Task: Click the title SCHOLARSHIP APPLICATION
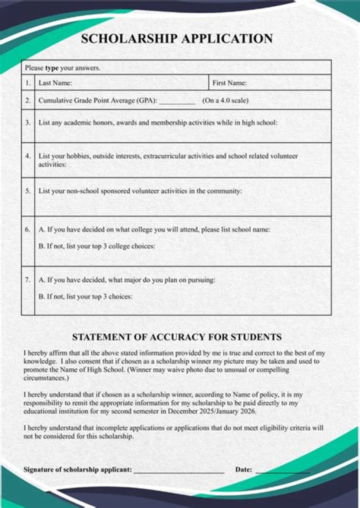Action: coord(177,39)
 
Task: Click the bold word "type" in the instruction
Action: coord(51,68)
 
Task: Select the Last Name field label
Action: coord(55,83)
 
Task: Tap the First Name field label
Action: coord(229,83)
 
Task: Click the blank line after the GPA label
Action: coord(177,101)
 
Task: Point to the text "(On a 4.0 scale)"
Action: coord(225,100)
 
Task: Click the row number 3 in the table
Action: coord(28,122)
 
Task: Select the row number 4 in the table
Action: coord(28,156)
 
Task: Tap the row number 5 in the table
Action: coord(28,191)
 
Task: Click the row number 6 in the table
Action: coord(28,229)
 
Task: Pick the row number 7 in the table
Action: coord(28,280)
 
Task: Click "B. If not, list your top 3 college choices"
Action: coord(96,246)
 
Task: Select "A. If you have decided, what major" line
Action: coord(126,280)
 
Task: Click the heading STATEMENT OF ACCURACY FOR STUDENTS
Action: coord(176,337)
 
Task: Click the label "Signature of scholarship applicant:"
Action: coord(77,469)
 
